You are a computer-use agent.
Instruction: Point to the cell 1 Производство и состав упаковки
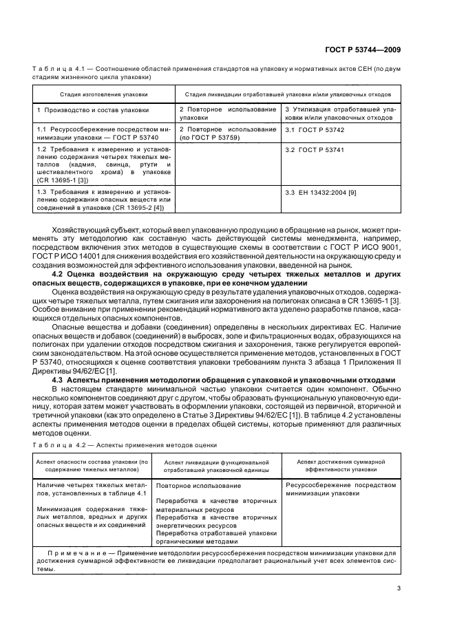[x=92, y=109]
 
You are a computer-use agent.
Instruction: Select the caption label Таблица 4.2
[x=61, y=444]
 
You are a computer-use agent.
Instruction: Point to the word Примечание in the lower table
[x=75, y=552]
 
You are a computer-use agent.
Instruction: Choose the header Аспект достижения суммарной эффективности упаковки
[x=346, y=464]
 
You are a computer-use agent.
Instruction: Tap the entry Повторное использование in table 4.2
[x=194, y=486]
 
